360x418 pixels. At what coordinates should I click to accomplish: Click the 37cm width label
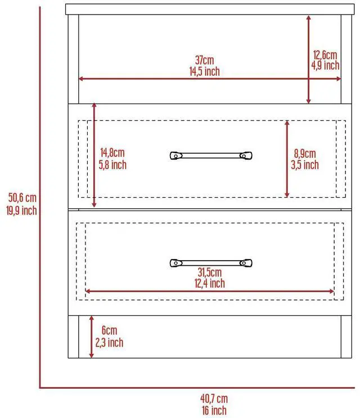coord(204,60)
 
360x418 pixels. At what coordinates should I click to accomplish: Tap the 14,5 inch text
coord(204,71)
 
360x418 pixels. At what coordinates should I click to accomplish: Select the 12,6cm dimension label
coord(325,55)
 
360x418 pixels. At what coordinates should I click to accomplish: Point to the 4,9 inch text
coord(325,65)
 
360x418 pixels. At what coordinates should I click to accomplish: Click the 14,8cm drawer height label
coord(112,153)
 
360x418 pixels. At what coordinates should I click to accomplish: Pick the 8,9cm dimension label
coord(305,153)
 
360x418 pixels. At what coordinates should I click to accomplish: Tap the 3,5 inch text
coord(305,165)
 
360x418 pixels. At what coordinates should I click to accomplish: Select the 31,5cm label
coord(209,272)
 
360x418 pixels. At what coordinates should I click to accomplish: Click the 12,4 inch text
coord(209,283)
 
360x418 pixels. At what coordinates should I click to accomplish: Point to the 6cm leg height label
coord(110,330)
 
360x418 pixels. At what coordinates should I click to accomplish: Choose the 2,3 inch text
coord(110,343)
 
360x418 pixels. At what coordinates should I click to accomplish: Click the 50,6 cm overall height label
coord(22,198)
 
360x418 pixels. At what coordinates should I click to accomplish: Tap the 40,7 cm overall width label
coord(214,399)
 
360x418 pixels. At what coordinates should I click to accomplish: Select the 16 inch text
coord(214,410)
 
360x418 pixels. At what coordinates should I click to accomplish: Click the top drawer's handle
coord(211,156)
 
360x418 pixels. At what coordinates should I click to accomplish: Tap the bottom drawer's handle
coord(211,263)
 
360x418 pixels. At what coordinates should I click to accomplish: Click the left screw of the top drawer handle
coord(176,156)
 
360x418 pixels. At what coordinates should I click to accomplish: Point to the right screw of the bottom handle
coord(244,263)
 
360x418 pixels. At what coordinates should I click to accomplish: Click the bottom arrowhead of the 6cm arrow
coord(92,355)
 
